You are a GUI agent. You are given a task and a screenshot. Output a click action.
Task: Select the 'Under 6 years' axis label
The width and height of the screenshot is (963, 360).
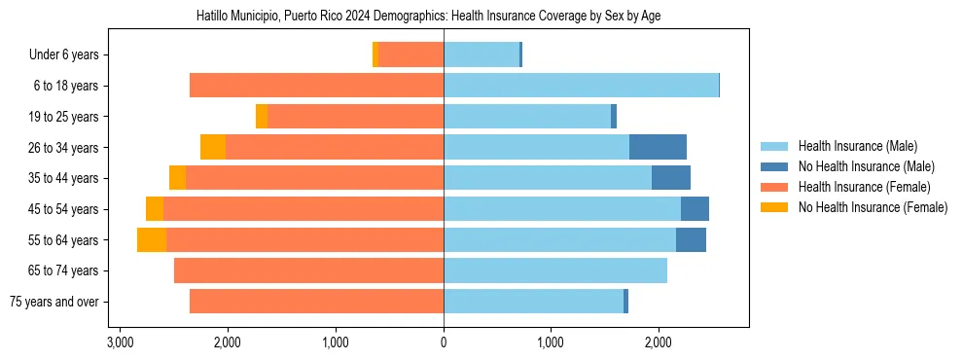(64, 55)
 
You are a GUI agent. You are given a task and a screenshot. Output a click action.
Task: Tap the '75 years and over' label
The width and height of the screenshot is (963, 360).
(54, 302)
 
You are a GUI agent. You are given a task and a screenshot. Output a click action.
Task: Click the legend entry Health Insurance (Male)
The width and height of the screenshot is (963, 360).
(857, 146)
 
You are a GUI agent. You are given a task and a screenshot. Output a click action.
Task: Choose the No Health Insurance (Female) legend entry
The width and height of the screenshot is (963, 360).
(873, 207)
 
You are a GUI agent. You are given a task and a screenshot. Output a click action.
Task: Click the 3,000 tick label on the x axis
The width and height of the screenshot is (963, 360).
(120, 342)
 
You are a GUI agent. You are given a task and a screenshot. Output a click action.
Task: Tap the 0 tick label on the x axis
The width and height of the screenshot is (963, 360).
(444, 342)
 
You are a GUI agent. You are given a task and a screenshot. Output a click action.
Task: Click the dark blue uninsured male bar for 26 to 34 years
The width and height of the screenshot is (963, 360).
(658, 147)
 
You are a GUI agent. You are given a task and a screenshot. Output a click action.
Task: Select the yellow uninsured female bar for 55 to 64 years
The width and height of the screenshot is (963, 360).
(152, 239)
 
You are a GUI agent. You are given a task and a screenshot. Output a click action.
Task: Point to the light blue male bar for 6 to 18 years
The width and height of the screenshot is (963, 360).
(581, 86)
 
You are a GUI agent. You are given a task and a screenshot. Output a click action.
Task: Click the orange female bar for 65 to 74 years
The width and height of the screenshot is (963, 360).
(308, 270)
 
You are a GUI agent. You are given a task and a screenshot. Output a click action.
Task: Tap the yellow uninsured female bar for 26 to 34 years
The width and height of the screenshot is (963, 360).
(213, 147)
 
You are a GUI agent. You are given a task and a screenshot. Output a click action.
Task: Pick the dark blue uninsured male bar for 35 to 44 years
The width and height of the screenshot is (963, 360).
(671, 178)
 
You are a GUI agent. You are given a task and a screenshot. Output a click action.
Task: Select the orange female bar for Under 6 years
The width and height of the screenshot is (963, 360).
(410, 55)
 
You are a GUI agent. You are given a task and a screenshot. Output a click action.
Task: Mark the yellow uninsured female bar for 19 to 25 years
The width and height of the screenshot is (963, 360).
(262, 117)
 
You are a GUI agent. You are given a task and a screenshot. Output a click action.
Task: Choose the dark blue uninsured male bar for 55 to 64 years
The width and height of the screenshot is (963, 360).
(691, 239)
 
